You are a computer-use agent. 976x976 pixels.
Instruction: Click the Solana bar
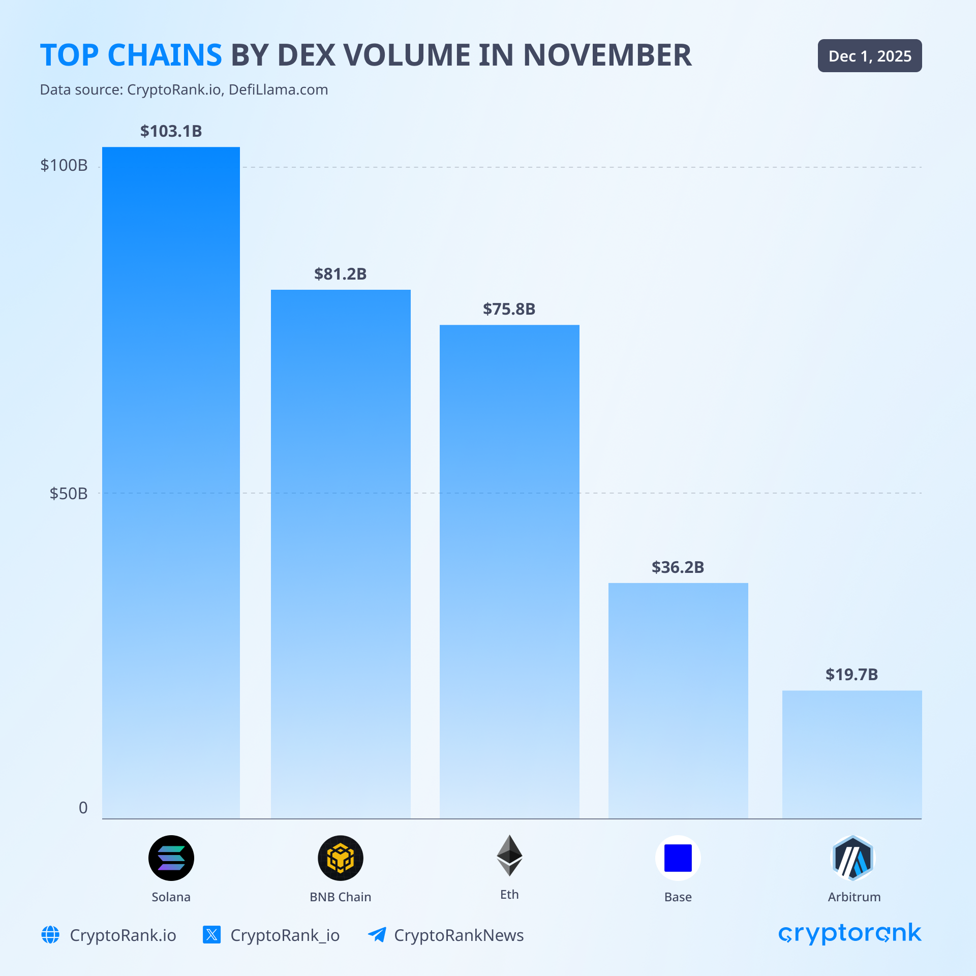171,483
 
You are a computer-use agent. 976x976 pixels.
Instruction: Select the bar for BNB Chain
341,554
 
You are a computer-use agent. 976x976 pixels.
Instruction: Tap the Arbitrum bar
852,754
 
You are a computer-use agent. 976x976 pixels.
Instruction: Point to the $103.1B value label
171,131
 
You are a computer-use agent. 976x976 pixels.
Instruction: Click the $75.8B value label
509,309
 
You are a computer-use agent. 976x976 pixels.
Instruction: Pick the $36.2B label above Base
678,567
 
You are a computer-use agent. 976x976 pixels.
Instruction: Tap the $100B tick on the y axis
64,165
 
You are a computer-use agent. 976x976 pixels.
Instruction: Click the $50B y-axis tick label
69,494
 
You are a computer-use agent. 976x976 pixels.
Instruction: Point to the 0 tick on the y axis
83,808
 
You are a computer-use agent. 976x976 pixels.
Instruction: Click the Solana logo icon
171,858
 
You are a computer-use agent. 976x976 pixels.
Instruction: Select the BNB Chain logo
341,858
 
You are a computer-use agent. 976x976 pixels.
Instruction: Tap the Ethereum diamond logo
509,856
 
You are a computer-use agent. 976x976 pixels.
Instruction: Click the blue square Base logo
678,858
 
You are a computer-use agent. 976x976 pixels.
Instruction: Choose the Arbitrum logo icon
852,858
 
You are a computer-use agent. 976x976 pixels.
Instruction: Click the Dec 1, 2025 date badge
870,56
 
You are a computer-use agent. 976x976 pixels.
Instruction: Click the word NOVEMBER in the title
607,55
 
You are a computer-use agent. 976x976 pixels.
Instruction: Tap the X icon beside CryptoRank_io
211,935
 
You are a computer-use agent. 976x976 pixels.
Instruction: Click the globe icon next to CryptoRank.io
50,935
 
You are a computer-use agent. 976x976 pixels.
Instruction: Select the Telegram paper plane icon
377,935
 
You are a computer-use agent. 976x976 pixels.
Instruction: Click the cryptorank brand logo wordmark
849,934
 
